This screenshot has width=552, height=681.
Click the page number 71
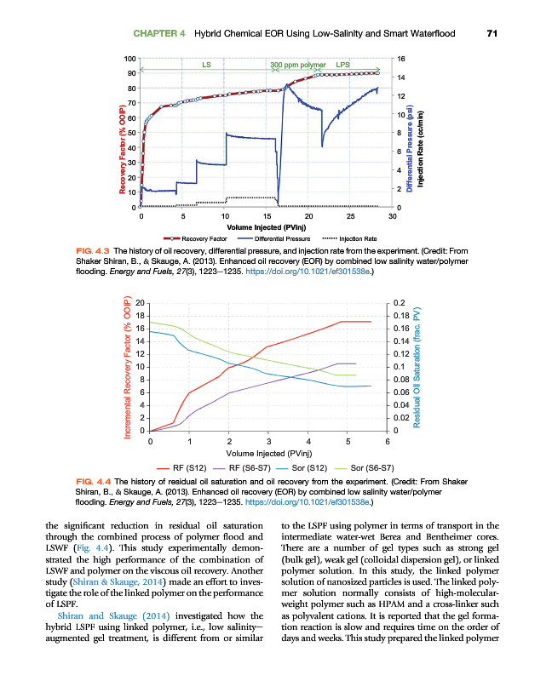492,34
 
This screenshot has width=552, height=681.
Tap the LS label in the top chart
206,65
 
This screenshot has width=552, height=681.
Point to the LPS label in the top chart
342,65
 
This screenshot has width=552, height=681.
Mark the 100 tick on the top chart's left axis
129,58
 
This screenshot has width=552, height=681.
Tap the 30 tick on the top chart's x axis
393,216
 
